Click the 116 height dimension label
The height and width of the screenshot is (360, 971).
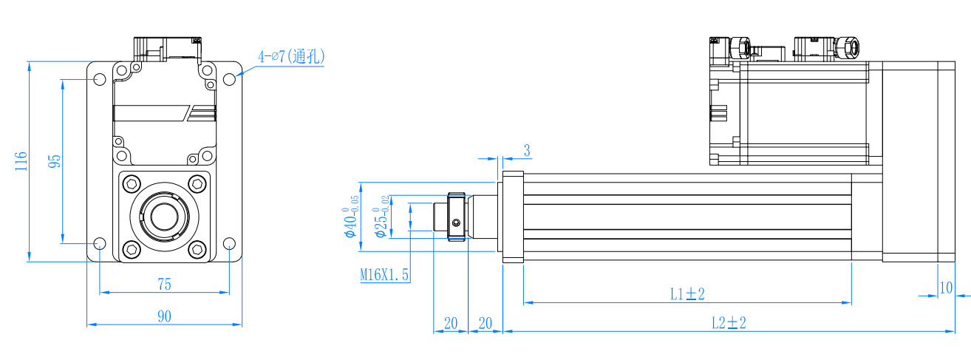[21, 161]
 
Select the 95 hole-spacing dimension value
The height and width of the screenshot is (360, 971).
[54, 161]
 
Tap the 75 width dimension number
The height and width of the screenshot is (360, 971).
[164, 285]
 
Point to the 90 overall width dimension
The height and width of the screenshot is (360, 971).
[164, 316]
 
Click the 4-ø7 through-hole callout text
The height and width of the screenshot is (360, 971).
[291, 56]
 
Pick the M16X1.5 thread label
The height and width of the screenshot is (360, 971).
[384, 274]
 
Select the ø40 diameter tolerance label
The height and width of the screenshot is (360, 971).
[352, 217]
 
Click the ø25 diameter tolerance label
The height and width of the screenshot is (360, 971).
[381, 217]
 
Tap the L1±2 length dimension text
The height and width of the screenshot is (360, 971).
[687, 294]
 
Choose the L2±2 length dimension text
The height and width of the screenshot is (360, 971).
[729, 323]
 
